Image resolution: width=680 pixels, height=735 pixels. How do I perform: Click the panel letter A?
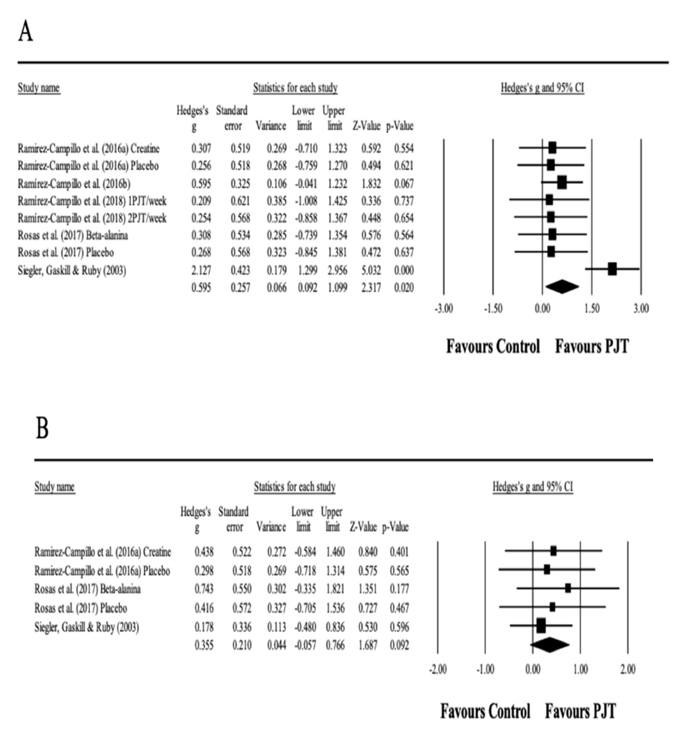tap(26, 32)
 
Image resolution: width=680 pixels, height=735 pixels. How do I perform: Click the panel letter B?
tap(42, 429)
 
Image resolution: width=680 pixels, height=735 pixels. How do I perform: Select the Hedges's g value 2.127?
tap(201, 270)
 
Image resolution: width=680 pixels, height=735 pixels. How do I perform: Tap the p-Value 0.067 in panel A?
tap(404, 184)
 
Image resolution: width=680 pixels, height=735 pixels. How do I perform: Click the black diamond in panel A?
tap(562, 287)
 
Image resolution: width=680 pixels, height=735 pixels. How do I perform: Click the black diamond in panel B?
tap(550, 645)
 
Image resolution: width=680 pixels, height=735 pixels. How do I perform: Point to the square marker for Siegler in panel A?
tap(612, 269)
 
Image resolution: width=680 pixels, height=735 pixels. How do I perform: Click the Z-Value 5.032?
tap(371, 270)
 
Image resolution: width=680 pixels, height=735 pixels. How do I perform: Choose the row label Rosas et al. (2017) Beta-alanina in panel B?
tap(88, 589)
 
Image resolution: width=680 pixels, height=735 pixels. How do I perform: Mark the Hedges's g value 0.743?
tap(204, 589)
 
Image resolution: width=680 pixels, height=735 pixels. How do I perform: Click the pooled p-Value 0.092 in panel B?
tap(399, 645)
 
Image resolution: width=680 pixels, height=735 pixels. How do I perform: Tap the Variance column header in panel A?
tap(271, 126)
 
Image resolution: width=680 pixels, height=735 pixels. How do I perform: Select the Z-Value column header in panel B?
tap(363, 527)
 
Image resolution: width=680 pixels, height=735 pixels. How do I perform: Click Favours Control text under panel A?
tap(493, 347)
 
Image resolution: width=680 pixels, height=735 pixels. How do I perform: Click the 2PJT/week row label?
tap(92, 218)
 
